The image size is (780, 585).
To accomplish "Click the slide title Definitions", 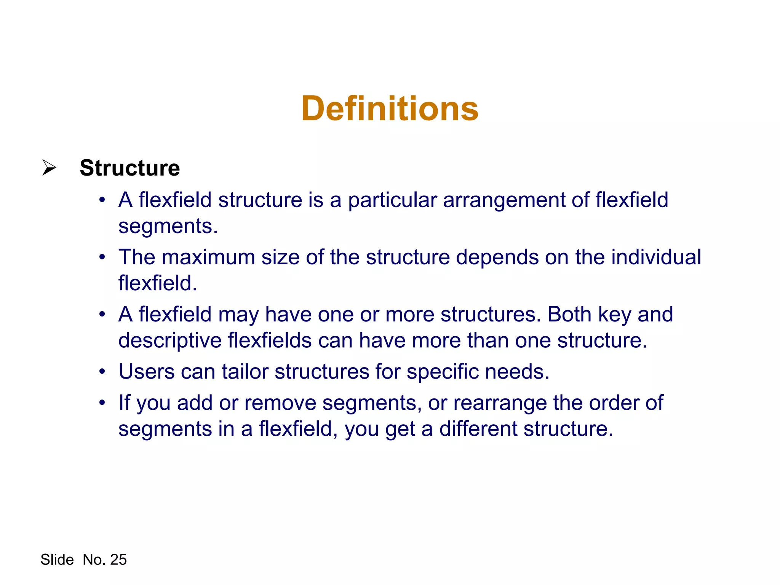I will pyautogui.click(x=390, y=109).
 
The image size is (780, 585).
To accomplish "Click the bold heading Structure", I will pyautogui.click(x=129, y=168).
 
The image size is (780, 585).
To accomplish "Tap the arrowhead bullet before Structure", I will pyautogui.click(x=49, y=168).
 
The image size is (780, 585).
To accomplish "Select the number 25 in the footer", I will pyautogui.click(x=118, y=559).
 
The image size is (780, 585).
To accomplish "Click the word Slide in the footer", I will pyautogui.click(x=57, y=559).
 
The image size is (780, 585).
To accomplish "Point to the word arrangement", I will pyautogui.click(x=504, y=201).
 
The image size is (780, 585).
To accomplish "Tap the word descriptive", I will pyautogui.click(x=170, y=340).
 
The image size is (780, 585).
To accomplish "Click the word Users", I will pyautogui.click(x=147, y=371).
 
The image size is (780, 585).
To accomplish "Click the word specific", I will pyautogui.click(x=443, y=372).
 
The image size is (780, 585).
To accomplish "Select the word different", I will pyautogui.click(x=478, y=429).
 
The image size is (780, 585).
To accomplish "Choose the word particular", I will pyautogui.click(x=392, y=201).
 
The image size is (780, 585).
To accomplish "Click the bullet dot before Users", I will pyautogui.click(x=102, y=371).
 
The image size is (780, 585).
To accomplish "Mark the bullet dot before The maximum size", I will pyautogui.click(x=102, y=257).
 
